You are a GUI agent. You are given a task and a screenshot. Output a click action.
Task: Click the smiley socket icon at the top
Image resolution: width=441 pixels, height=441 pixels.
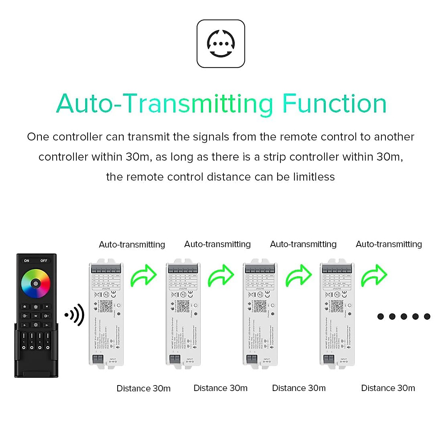[220, 44]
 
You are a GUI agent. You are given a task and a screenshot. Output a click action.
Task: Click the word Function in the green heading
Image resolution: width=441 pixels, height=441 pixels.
[334, 104]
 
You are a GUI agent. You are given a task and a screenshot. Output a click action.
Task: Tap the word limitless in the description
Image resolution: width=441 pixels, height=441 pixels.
[314, 177]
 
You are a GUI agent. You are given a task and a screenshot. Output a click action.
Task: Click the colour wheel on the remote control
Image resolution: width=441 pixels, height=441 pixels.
[35, 283]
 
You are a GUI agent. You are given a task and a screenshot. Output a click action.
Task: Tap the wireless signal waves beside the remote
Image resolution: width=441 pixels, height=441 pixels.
[75, 315]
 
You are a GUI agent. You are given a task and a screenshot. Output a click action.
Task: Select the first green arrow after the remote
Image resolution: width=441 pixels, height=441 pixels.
[144, 276]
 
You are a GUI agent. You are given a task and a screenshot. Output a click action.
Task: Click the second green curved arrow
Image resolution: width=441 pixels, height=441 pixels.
[221, 276]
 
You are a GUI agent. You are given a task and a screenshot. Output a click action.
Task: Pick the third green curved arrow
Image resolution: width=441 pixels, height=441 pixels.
[298, 276]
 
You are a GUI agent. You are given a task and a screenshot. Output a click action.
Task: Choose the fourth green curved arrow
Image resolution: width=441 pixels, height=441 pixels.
[374, 276]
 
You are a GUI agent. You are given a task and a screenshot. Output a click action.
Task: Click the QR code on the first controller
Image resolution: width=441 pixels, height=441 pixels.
[106, 306]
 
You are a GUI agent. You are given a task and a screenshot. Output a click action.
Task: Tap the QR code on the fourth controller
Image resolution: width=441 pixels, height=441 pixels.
[337, 306]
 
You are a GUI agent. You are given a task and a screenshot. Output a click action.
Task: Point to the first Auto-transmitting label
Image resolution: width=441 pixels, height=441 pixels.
[132, 244]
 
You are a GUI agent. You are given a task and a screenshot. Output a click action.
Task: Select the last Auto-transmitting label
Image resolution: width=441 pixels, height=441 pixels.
[388, 244]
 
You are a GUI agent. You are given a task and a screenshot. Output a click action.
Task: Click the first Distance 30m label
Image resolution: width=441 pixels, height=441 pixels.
[143, 388]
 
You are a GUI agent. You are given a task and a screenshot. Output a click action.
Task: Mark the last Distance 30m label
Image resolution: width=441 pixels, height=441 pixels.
[388, 388]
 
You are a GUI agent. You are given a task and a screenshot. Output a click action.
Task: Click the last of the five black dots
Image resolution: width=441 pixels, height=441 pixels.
[427, 316]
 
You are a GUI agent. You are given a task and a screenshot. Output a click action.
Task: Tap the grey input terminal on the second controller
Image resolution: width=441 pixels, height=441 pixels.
[175, 359]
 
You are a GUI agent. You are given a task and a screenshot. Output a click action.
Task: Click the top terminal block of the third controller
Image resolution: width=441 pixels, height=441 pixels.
[260, 269]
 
